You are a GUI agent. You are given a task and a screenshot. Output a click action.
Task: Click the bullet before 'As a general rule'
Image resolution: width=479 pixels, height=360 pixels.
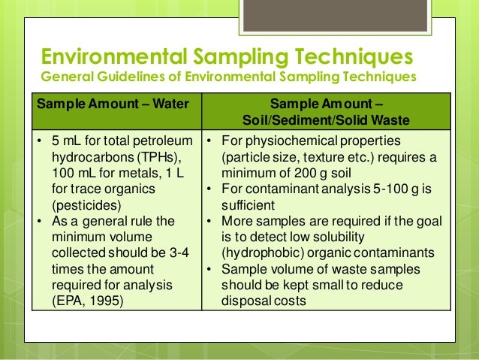coord(38,221)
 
